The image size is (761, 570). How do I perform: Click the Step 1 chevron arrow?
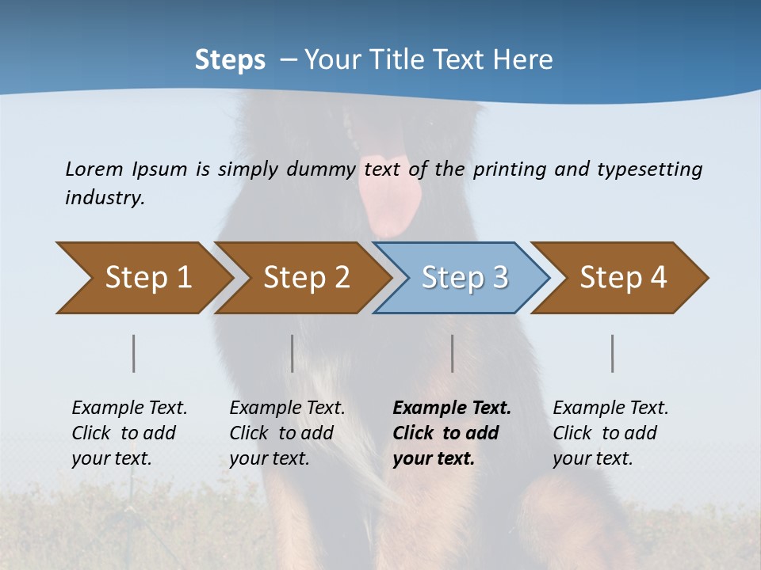coord(143,278)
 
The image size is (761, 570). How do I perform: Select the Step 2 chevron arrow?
coord(301,278)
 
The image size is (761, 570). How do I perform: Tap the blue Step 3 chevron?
coord(461,278)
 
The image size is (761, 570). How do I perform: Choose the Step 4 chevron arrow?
coord(619,278)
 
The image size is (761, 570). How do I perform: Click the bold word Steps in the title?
coord(230,59)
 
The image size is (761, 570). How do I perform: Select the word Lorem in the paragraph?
coord(94,169)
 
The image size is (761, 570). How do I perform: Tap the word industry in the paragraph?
coord(104,198)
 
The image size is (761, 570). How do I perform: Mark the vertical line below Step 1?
coord(133,353)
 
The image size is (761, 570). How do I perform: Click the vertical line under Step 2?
coord(293,353)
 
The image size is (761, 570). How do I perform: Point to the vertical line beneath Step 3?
coord(452,353)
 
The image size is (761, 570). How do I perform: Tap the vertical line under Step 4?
coord(612,353)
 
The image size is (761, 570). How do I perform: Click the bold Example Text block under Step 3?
coord(452,433)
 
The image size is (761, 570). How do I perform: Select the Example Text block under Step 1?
coord(129,433)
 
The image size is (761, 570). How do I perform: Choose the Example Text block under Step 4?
coord(610,433)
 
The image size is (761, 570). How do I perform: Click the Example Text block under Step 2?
coord(287,433)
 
